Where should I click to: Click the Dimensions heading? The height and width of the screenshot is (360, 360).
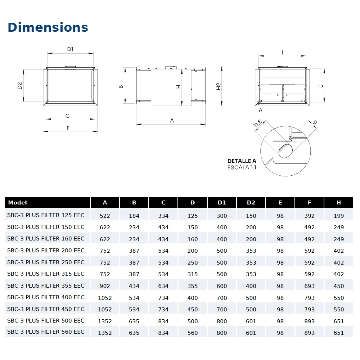tap(48, 27)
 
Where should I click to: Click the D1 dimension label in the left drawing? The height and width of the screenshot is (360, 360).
tap(70, 49)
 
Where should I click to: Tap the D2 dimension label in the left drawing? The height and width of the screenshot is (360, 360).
tap(20, 86)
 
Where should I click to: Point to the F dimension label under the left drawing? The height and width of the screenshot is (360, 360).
tap(68, 128)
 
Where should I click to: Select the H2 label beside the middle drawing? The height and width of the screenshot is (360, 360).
tap(219, 86)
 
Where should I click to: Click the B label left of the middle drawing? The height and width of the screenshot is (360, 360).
tap(121, 87)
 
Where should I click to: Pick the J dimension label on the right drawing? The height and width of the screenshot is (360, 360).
tap(321, 86)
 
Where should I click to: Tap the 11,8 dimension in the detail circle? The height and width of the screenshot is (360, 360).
tap(257, 123)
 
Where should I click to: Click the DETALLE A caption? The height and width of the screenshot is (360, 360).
tap(242, 161)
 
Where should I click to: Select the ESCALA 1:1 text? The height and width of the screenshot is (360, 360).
tap(242, 167)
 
